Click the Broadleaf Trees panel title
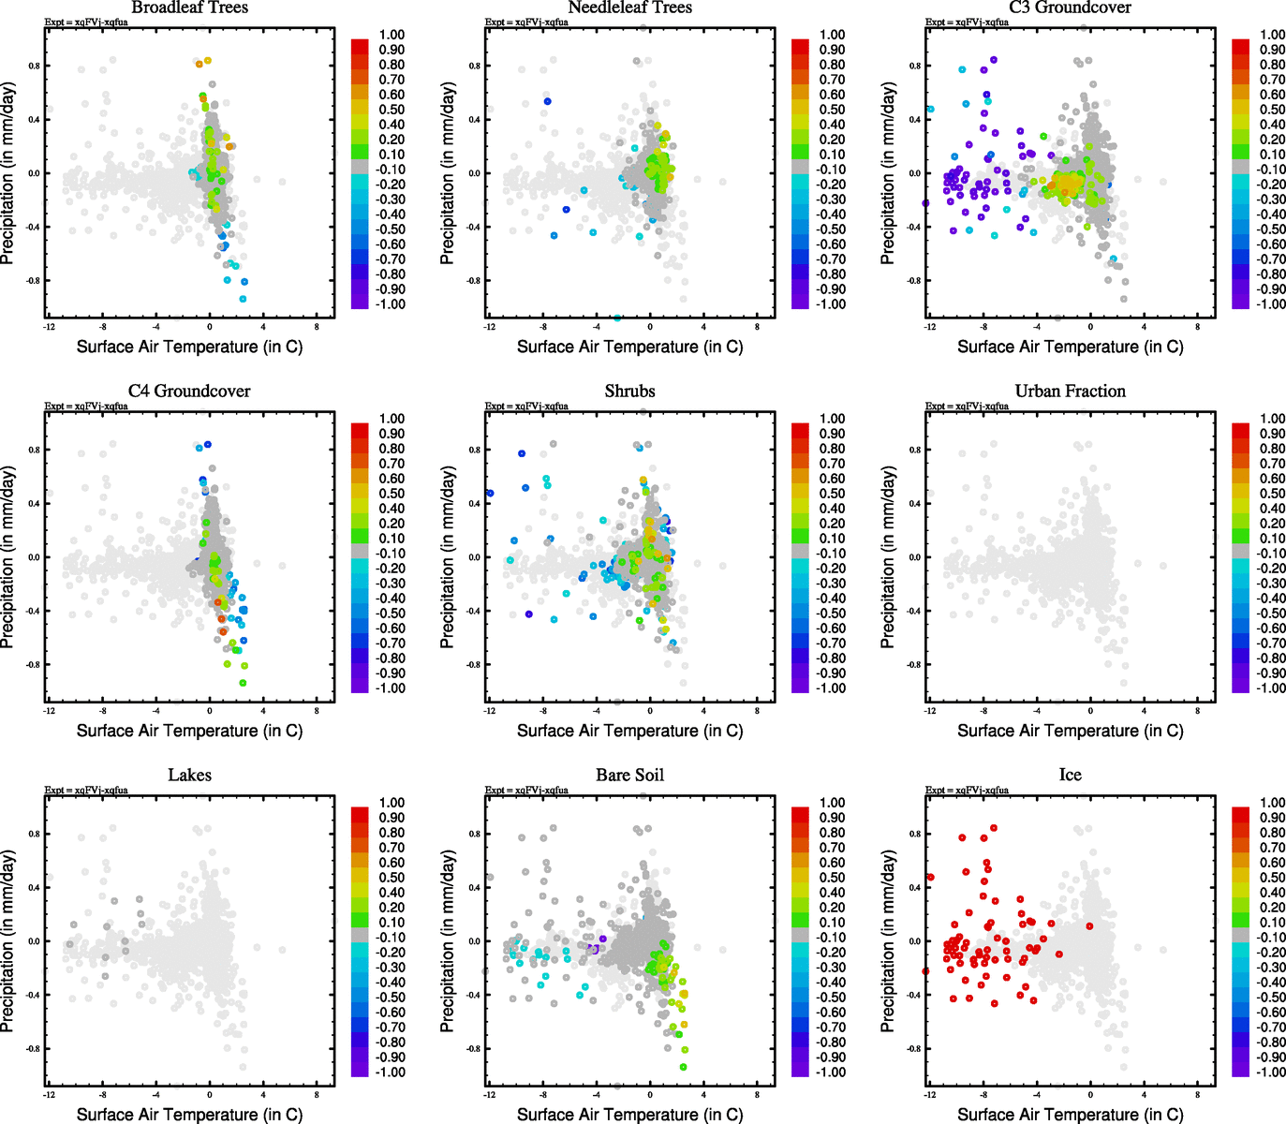[x=189, y=7]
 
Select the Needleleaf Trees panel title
[x=629, y=7]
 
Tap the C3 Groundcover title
[x=1070, y=7]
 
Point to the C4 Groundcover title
[x=189, y=392]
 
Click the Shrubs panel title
[x=629, y=392]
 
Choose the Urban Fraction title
[x=1070, y=392]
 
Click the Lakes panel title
[x=189, y=776]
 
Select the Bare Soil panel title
[x=629, y=776]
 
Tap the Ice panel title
[x=1070, y=776]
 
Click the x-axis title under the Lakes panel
[x=189, y=1115]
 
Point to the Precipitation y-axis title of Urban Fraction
[x=888, y=557]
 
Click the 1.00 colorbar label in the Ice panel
[x=1272, y=803]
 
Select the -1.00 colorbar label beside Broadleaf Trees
[x=391, y=304]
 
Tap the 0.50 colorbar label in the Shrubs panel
[x=832, y=494]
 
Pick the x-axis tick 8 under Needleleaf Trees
[x=758, y=327]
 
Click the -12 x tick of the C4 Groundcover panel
[x=48, y=711]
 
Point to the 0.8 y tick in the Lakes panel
[x=34, y=834]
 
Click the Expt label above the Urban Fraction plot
[x=967, y=407]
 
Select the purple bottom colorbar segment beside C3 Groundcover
[x=1240, y=301]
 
